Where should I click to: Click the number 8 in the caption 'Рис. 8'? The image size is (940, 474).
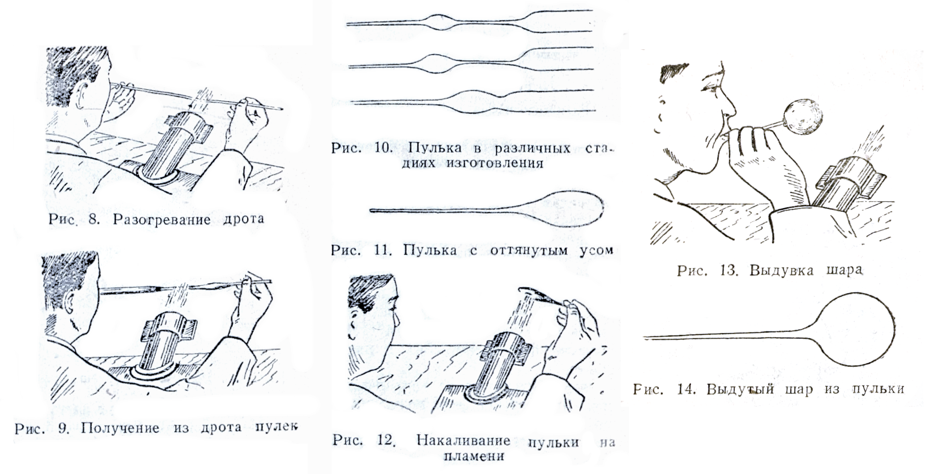[94, 220]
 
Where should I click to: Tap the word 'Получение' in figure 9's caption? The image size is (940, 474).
[120, 428]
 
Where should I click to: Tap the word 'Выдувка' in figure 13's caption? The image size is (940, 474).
[782, 271]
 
